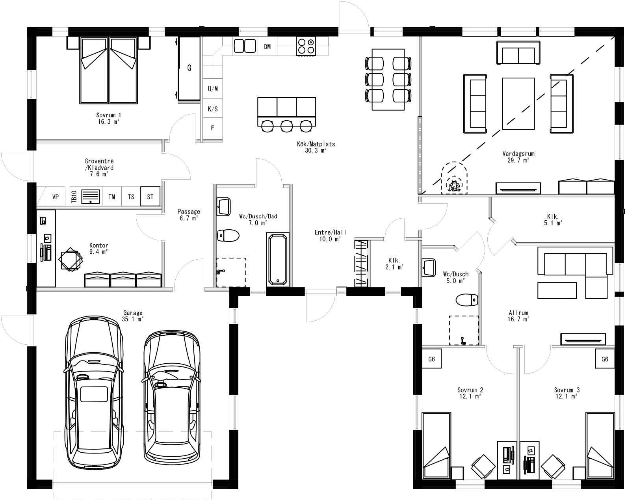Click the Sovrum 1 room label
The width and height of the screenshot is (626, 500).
click(108, 118)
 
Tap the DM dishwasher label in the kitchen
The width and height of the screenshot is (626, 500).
click(267, 47)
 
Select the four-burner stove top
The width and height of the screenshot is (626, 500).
click(306, 46)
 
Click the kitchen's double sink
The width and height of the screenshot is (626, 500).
click(245, 46)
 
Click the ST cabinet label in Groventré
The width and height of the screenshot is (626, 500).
click(150, 197)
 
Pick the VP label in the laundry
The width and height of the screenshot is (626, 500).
click(56, 197)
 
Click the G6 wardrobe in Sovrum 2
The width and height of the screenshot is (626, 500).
click(431, 359)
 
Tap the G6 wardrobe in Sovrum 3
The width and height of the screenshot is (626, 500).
click(605, 359)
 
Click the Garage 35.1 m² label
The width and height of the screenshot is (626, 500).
click(132, 316)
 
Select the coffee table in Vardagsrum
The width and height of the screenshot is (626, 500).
click(518, 104)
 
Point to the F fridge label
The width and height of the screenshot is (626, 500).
click(212, 128)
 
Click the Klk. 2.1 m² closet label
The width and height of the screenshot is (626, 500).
click(394, 264)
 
